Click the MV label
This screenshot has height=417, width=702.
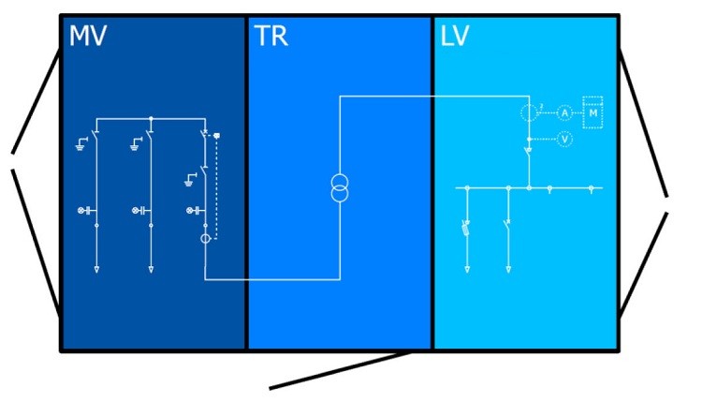(88, 37)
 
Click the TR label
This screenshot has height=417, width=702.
(271, 37)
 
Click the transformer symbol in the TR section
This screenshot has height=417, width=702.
(339, 188)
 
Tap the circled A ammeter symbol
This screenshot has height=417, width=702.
(564, 112)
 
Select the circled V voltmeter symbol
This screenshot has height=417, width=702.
(564, 139)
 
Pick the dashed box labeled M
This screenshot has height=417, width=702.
(592, 112)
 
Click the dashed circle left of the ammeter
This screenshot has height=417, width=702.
(530, 112)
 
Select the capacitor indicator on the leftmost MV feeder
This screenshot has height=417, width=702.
(87, 211)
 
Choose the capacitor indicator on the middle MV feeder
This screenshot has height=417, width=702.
(141, 211)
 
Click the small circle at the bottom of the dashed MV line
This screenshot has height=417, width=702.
(205, 239)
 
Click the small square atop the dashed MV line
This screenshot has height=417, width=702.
(217, 137)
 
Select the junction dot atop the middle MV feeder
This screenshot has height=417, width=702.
(151, 118)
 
